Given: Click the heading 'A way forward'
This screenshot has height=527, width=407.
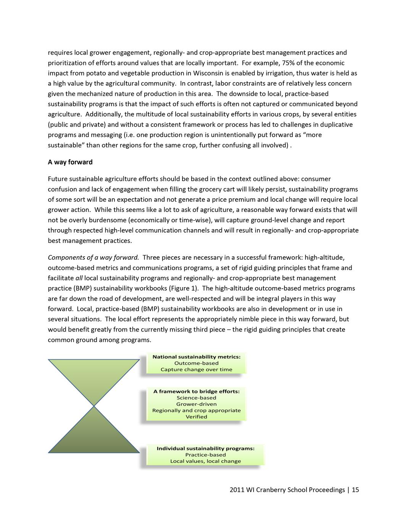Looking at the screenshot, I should coord(70,162).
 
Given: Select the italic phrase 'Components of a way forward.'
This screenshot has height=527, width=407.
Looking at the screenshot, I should coord(93,258).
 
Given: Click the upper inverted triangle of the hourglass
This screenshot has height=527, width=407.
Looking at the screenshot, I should coord(94,376).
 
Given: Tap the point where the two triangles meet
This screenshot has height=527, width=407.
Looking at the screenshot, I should coord(94,406).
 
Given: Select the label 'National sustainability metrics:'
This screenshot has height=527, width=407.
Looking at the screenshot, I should coord(196,357).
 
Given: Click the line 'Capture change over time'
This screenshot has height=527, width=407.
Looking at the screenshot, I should coord(196,369).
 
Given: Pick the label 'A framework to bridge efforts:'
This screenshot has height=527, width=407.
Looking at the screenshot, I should coord(196,391).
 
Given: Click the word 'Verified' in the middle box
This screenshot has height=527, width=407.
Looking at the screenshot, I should coord(196,417).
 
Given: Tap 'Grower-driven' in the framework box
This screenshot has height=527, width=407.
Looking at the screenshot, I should coord(196,404).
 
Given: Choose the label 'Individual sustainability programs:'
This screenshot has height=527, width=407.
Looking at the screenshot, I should coord(205,448).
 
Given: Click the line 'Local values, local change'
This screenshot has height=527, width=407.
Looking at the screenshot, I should coord(205,461).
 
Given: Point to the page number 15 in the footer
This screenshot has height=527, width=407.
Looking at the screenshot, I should coord(355,490).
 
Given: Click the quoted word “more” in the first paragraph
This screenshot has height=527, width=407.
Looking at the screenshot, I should coord(312,135).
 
